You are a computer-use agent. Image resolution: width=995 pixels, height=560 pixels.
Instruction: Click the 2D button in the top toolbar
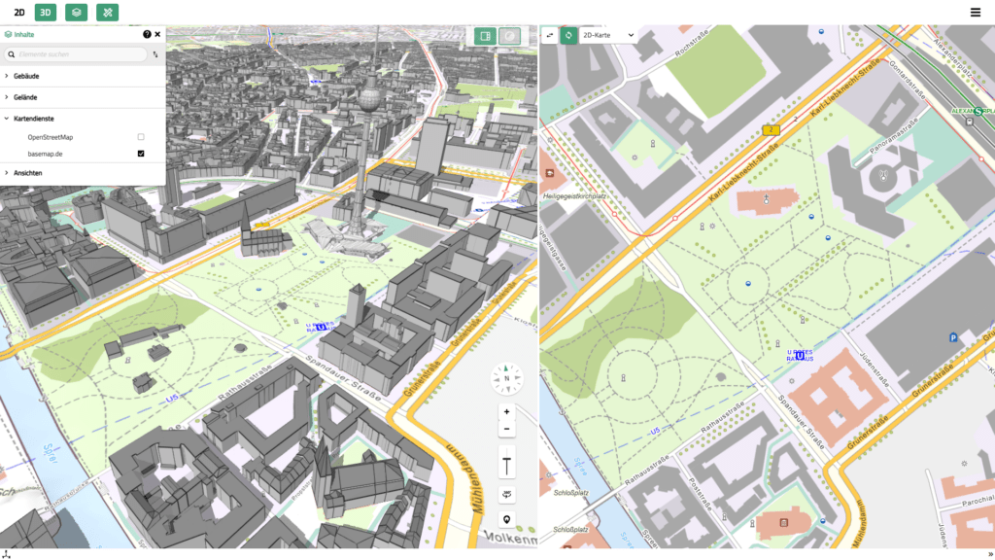[18, 13]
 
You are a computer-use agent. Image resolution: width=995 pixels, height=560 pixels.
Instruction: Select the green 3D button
[46, 13]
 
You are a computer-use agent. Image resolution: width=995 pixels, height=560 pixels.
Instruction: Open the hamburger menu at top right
[975, 13]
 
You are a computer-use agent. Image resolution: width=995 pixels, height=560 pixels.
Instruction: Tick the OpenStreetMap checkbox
[141, 137]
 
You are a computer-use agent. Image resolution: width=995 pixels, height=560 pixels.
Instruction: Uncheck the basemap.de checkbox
[141, 154]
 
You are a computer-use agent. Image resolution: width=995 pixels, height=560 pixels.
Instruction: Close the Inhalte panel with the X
[157, 34]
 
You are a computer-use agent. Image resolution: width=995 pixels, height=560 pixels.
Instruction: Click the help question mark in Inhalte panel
[147, 34]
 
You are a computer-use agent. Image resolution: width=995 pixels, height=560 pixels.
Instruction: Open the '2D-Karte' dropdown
[607, 35]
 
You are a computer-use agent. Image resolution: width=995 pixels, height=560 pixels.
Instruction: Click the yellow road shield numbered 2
[772, 129]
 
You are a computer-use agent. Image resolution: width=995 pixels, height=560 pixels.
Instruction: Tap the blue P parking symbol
[952, 337]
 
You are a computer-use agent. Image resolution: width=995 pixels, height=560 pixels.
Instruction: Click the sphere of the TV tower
[369, 98]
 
